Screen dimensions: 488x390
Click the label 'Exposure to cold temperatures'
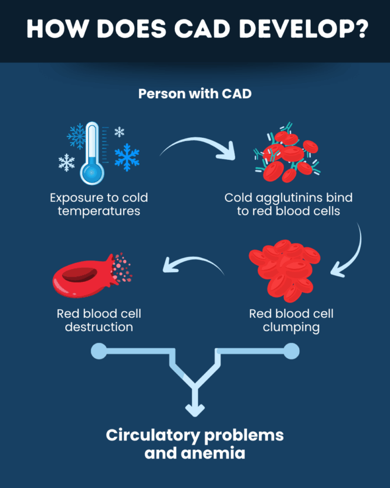coord(99,204)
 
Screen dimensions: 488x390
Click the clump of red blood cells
coord(285,269)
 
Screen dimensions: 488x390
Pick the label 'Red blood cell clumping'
coord(291,321)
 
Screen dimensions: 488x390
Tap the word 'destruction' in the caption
coord(99,328)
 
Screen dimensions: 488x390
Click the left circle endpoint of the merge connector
coord(98,351)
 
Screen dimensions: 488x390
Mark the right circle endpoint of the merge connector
coord(291,351)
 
